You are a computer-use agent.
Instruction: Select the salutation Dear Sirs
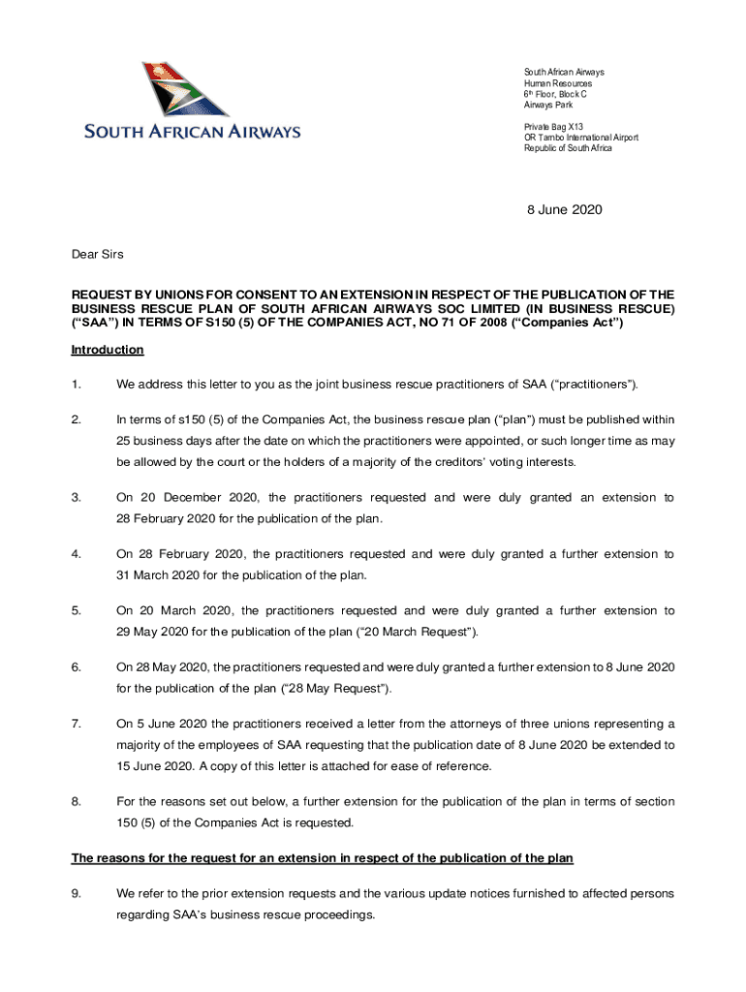98,254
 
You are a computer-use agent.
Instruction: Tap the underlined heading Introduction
108,350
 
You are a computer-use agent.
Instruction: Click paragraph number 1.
77,385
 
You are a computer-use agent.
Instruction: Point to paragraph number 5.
77,611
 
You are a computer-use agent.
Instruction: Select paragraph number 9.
77,893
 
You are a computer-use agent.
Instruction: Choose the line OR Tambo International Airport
580,138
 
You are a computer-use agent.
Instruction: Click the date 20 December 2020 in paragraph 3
199,498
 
